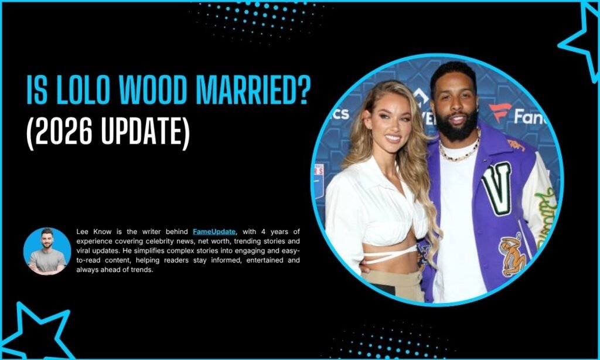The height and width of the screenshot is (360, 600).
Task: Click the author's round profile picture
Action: coord(47,251)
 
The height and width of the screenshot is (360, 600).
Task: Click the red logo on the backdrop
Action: coord(499,111)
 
